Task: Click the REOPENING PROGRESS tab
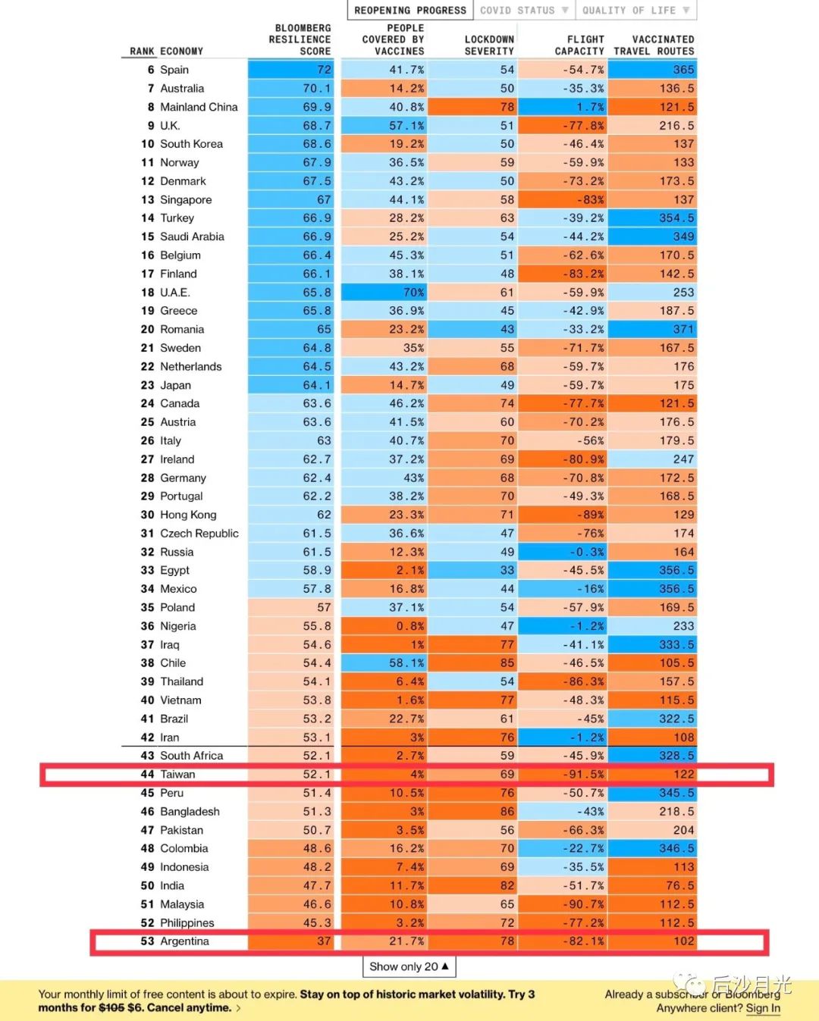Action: tap(410, 10)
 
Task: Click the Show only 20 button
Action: tap(409, 966)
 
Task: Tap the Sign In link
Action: tap(763, 1008)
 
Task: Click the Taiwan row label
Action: tap(177, 774)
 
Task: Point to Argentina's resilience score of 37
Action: tap(324, 941)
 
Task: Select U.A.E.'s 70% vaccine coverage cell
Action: tap(413, 292)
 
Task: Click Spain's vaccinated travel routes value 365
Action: tap(683, 70)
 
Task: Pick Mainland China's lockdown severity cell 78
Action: tap(507, 107)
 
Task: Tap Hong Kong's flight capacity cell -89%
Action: tap(591, 515)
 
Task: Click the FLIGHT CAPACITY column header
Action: tap(579, 45)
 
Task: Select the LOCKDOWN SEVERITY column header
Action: tap(489, 45)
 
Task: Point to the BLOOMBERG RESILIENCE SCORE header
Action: tap(300, 39)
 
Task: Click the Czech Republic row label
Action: tap(199, 533)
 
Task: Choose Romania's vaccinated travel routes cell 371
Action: tap(683, 329)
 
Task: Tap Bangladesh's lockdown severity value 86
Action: tap(507, 811)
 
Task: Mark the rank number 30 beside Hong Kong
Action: tap(147, 515)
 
